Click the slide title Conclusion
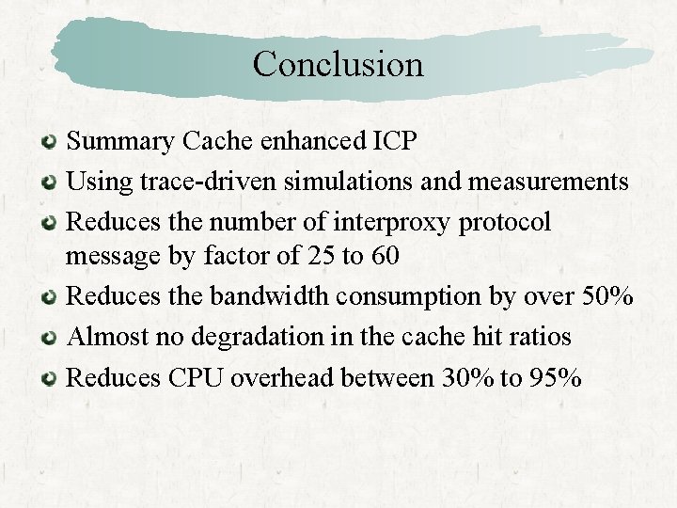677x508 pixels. click(x=338, y=64)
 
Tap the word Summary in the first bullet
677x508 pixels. click(x=121, y=142)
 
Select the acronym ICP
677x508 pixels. click(x=395, y=142)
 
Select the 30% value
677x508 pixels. click(x=464, y=378)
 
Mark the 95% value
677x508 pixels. click(x=554, y=378)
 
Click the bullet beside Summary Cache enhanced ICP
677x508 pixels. click(x=51, y=144)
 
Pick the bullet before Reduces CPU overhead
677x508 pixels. click(x=51, y=379)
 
